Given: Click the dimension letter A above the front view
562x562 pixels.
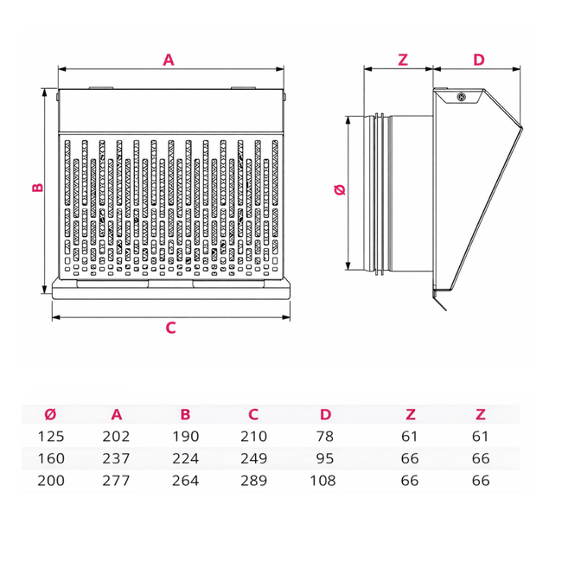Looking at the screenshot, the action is tap(169, 60).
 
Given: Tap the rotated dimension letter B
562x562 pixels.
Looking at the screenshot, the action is tap(38, 188).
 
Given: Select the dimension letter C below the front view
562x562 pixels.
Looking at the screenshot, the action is tap(170, 328).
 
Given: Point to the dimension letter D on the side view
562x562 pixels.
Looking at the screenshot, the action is tap(479, 60).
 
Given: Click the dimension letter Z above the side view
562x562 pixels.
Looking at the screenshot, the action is tap(403, 60).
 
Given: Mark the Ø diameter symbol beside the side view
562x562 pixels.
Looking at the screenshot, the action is tap(340, 189).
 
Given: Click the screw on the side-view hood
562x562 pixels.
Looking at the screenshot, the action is tap(462, 97).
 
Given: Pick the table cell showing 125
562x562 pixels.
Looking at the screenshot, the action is tap(51, 436).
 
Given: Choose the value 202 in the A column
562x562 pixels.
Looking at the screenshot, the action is tap(116, 436).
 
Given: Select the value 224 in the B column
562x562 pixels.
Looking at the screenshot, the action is tap(185, 458).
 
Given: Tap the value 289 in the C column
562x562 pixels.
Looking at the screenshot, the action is tap(253, 481).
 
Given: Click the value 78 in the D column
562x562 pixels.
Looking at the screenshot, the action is tap(325, 436).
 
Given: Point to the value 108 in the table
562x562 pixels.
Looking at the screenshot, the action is tap(323, 481).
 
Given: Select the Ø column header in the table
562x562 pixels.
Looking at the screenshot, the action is tap(50, 414).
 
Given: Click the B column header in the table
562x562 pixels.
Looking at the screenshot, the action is tap(185, 414).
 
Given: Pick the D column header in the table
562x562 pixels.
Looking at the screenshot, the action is tap(325, 414).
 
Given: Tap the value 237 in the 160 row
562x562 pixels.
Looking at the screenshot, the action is tap(116, 458).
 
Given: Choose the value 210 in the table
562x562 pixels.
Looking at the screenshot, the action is tap(253, 436).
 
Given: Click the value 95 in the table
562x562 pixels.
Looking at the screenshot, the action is tap(325, 458).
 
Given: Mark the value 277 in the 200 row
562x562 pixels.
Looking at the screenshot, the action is tap(116, 481).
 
